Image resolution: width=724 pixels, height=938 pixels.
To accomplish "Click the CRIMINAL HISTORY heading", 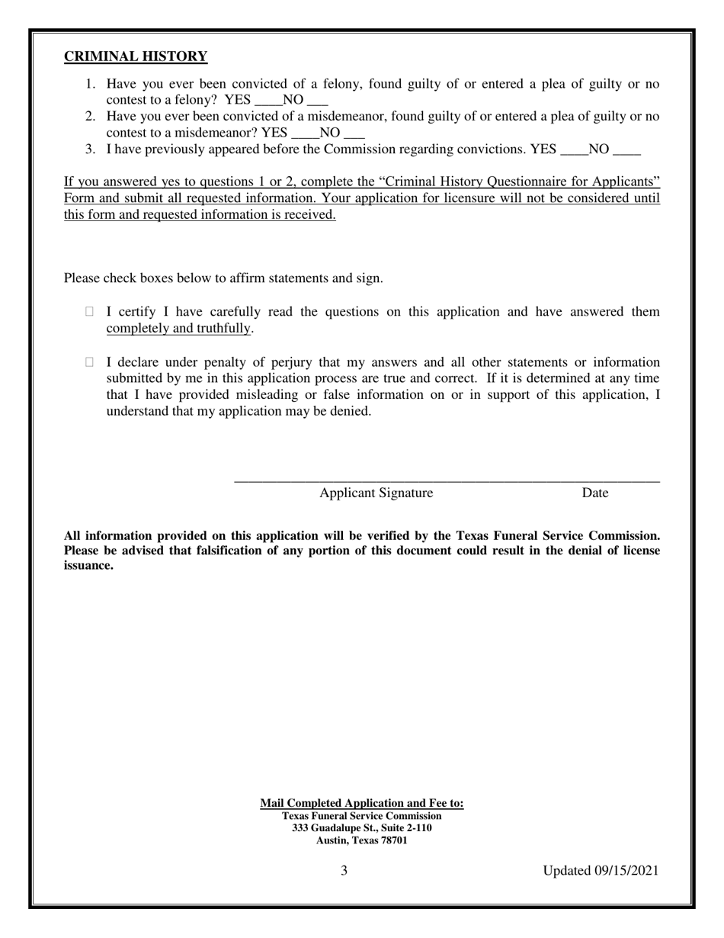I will (x=135, y=56).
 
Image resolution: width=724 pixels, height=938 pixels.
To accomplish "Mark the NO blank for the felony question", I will (x=317, y=100).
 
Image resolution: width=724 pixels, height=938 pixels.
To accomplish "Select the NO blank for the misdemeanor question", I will (x=354, y=133).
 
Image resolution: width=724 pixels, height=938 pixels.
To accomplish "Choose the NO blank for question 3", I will (x=626, y=149).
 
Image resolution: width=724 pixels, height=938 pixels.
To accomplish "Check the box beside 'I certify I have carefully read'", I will (x=90, y=311).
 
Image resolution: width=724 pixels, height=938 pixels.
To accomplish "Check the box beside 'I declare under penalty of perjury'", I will (x=90, y=362).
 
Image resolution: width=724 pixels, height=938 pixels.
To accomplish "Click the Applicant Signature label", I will (x=376, y=493).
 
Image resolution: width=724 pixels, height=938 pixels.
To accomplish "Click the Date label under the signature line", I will (x=594, y=493).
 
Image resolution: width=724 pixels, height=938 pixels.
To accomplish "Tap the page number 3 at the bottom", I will (x=344, y=870).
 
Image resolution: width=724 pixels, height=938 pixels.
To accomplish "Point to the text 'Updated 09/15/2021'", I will (x=601, y=870).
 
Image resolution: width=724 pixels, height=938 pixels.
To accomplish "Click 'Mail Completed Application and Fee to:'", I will (x=361, y=803).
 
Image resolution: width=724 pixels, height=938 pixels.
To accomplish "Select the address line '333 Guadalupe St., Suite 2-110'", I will (x=361, y=827).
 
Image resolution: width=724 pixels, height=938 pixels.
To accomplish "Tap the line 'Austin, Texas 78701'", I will (x=361, y=840).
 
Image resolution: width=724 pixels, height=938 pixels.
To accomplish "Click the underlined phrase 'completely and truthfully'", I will (x=178, y=328).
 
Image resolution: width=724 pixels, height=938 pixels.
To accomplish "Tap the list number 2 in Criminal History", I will (x=89, y=117).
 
